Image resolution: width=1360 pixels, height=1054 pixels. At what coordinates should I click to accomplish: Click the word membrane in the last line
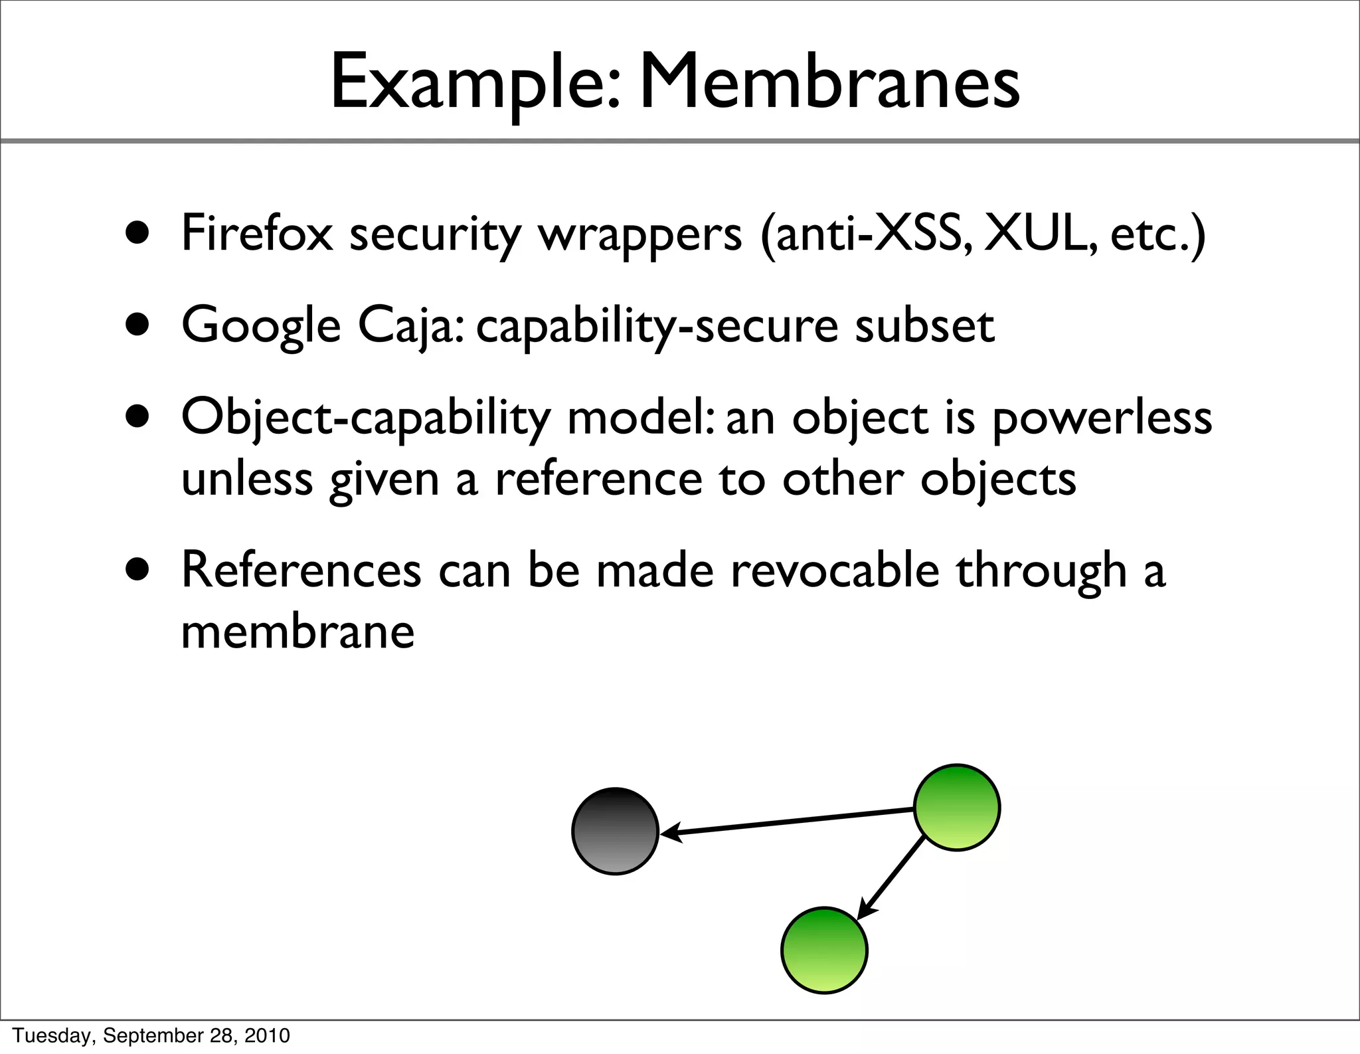point(297,631)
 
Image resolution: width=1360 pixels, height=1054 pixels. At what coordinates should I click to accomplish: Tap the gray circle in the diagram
point(615,831)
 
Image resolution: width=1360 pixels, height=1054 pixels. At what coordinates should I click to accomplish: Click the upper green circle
point(956,807)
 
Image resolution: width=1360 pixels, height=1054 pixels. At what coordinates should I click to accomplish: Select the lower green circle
point(823,950)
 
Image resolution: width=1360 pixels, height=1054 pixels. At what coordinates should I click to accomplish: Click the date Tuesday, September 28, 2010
point(151,1035)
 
